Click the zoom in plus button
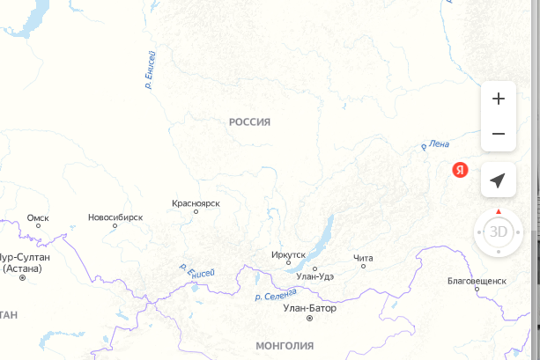click(498, 99)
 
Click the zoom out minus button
click(498, 134)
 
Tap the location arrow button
click(498, 180)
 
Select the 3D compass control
click(499, 232)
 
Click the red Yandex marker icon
click(460, 171)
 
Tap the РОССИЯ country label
click(249, 121)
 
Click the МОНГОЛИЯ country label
click(285, 345)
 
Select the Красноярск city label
click(196, 203)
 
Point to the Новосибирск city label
click(115, 217)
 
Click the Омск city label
click(38, 217)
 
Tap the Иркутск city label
click(288, 254)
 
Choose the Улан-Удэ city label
click(315, 276)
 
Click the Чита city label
click(363, 257)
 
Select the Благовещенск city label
click(477, 280)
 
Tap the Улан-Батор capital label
click(310, 308)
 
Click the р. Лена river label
click(436, 144)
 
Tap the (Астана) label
click(23, 268)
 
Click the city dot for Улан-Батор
click(309, 319)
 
